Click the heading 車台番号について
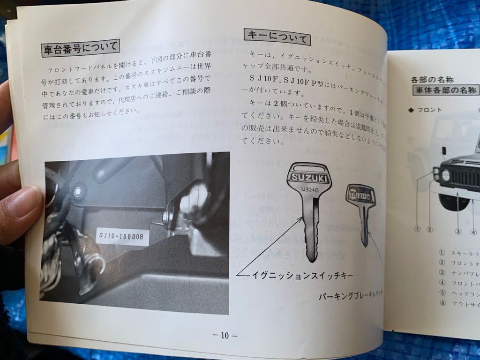pos(80,47)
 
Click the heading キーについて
pos(277,37)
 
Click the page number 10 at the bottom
pos(225,335)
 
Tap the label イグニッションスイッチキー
pos(300,276)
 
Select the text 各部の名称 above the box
pos(432,79)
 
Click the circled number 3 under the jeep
pos(458,232)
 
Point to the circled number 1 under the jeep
pos(416,229)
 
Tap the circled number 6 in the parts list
pos(442,303)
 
